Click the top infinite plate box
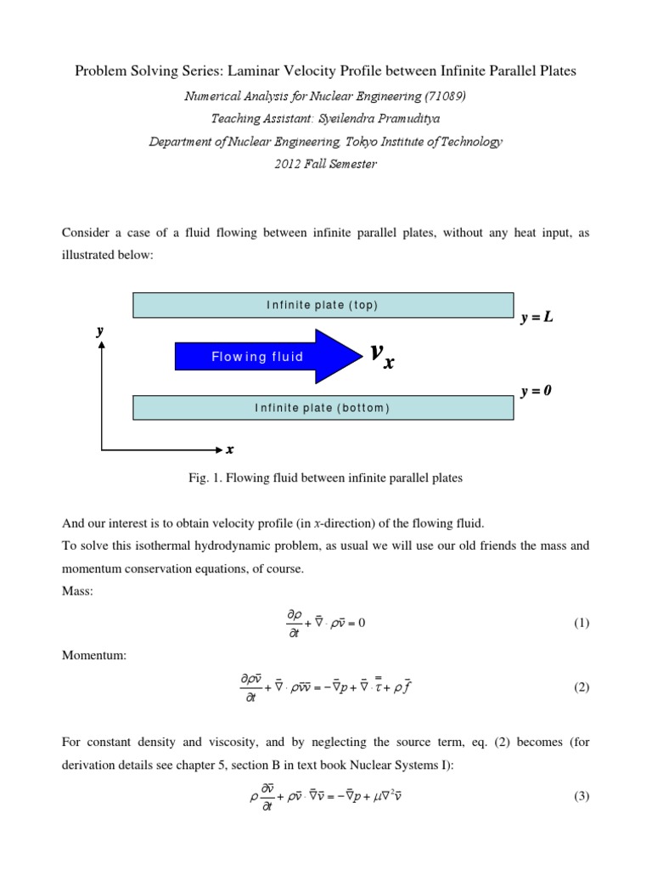point(323,305)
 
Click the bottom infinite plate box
point(323,408)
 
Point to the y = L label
point(541,318)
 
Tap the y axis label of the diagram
point(100,332)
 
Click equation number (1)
point(581,623)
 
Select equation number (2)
point(581,687)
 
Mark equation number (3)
point(581,796)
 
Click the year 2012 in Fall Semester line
point(289,164)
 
